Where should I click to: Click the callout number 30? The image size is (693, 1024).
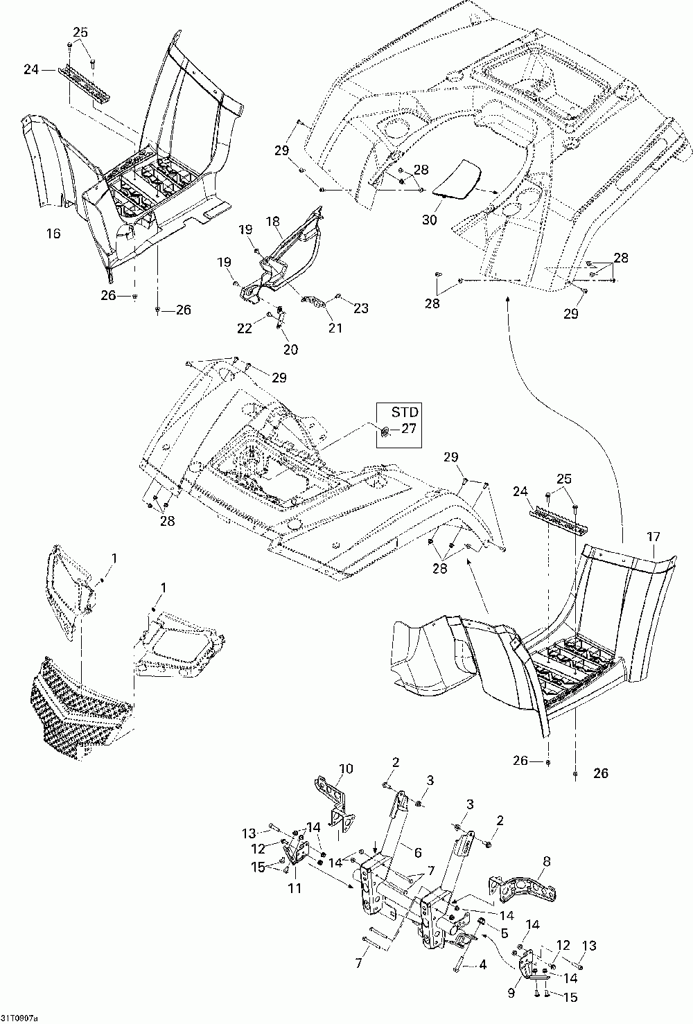(x=429, y=220)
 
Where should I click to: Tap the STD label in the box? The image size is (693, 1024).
(x=405, y=412)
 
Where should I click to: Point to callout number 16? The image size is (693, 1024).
(x=53, y=233)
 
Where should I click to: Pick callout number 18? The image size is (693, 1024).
(x=273, y=222)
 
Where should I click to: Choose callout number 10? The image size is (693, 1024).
(x=346, y=768)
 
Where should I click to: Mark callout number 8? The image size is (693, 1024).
(x=546, y=861)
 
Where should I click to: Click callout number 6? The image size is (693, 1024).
(x=417, y=852)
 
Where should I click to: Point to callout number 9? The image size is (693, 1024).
(x=511, y=992)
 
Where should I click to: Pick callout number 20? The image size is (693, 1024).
(x=291, y=349)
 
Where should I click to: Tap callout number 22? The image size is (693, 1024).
(x=245, y=328)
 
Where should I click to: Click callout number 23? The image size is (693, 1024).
(x=360, y=308)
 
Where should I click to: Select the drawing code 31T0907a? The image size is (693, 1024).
(x=19, y=1018)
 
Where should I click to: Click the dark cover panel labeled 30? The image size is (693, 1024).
(x=459, y=179)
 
